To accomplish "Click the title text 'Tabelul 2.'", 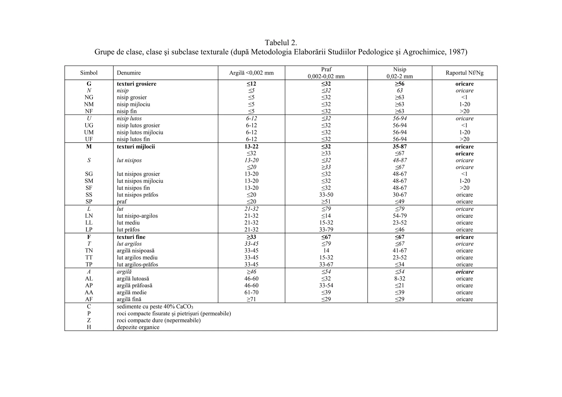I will (281, 43).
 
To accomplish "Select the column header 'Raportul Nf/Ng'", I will (464, 73).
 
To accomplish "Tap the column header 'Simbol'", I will (89, 73).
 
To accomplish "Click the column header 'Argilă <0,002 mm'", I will (251, 73).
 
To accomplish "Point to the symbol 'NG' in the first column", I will (89, 97).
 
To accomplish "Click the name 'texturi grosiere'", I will (136, 84).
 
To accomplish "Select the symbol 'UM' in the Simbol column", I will (89, 132).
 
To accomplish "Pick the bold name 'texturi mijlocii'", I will (136, 147).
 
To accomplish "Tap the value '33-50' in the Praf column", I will (326, 195).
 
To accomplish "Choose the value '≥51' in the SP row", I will (326, 202).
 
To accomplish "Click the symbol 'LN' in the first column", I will (89, 216).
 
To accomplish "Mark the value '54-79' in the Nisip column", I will (400, 216).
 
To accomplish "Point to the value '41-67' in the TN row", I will (400, 251).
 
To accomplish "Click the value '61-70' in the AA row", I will (251, 293).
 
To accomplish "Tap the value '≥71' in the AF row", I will (251, 299).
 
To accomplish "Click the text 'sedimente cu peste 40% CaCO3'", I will (155, 307).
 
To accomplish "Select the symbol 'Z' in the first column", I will (89, 320).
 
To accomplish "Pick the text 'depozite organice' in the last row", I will (138, 327).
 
